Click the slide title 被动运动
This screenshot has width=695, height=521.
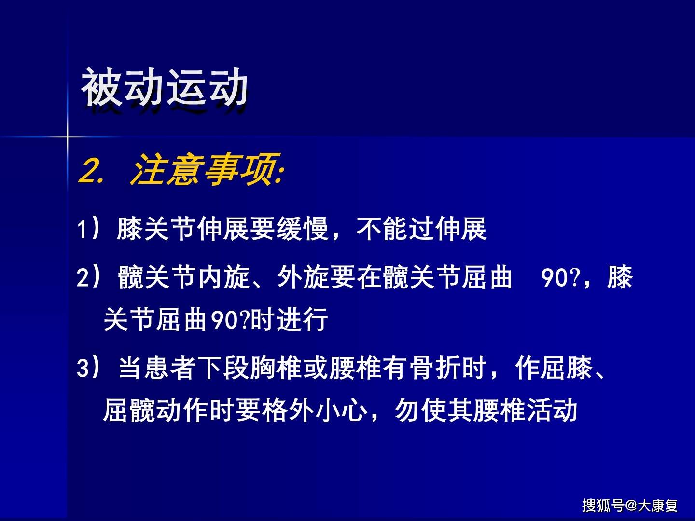tap(165, 87)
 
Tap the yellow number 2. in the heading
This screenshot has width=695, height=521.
tap(92, 171)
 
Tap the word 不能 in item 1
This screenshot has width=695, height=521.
tap(382, 229)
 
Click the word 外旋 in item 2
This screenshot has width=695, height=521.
tap(303, 277)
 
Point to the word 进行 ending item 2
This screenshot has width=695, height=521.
tap(303, 320)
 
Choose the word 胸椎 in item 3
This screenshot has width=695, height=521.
tap(276, 368)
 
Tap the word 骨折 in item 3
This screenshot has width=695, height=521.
tap(435, 368)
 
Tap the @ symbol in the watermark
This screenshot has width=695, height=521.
tap(631, 506)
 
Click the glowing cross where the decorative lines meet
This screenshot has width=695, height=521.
tap(68, 137)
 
